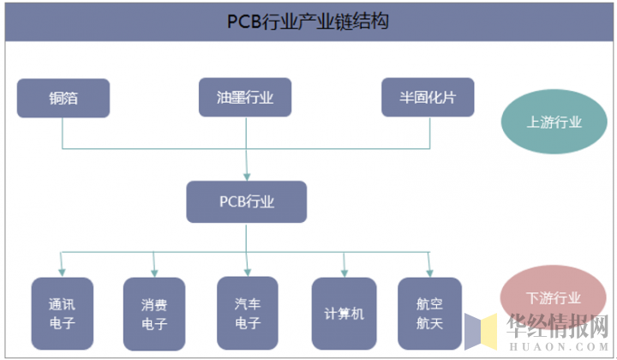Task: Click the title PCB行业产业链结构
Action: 308,21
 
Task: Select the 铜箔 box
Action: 63,98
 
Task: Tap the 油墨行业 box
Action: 245,98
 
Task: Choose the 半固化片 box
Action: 428,98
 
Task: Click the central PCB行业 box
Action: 247,202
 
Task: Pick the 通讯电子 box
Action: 62,314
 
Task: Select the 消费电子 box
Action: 153,314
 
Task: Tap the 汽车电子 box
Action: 247,313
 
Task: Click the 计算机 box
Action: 344,314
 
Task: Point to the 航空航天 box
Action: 429,314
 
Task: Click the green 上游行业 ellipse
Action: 554,123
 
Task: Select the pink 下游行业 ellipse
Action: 553,298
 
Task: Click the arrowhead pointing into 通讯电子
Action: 62,272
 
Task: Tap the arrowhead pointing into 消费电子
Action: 153,272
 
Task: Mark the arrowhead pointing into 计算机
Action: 344,272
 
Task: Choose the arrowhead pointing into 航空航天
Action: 429,272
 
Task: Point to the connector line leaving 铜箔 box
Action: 63,133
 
